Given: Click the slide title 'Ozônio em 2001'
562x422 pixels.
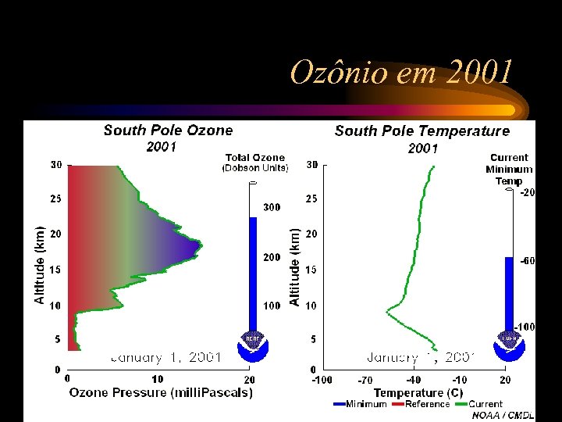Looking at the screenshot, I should pyautogui.click(x=402, y=73).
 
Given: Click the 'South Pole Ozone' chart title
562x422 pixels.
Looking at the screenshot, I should pyautogui.click(x=168, y=131).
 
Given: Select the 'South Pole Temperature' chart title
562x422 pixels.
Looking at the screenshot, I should pyautogui.click(x=421, y=131).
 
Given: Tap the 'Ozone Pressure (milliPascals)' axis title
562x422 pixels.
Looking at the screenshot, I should pyautogui.click(x=161, y=393).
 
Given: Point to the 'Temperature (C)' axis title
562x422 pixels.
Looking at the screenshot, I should pyautogui.click(x=418, y=393).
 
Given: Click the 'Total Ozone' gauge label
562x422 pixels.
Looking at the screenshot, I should pyautogui.click(x=255, y=158).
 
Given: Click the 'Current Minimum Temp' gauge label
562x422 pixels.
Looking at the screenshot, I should pyautogui.click(x=509, y=169).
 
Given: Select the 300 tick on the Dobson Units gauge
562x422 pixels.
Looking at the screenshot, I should pyautogui.click(x=272, y=208).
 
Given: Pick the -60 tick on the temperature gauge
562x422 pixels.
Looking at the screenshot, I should pyautogui.click(x=528, y=262).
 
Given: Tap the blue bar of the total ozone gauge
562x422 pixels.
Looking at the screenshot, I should pyautogui.click(x=253, y=274).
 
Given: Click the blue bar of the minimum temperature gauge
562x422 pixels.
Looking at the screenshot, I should pyautogui.click(x=509, y=293).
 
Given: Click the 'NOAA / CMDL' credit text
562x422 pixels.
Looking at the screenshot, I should pyautogui.click(x=503, y=416).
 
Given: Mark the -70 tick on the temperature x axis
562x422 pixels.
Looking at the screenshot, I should pyautogui.click(x=365, y=380).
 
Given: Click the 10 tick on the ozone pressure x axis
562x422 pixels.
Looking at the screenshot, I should pyautogui.click(x=158, y=380).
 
